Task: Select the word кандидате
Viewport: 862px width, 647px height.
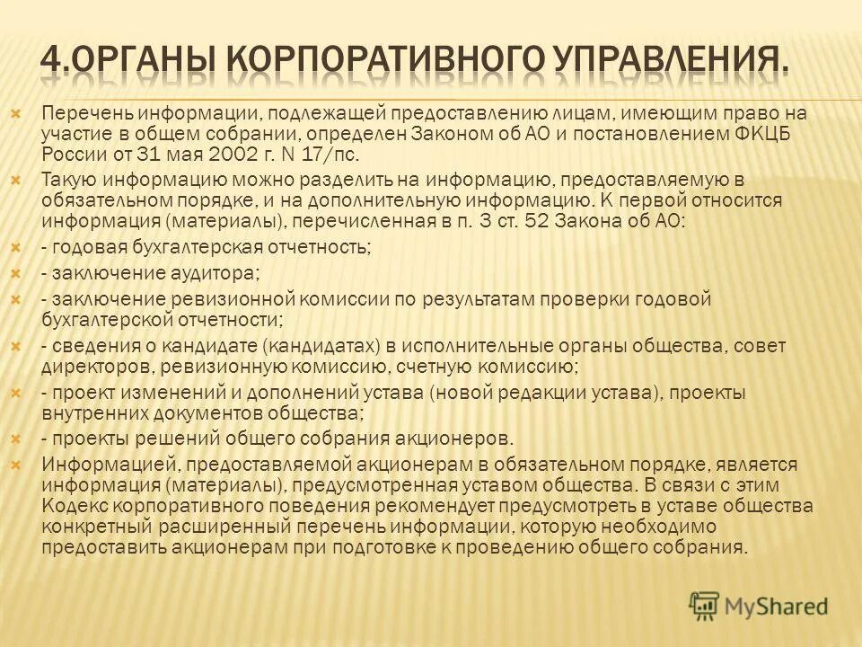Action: point(216,345)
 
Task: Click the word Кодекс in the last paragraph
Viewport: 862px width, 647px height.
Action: point(71,506)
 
